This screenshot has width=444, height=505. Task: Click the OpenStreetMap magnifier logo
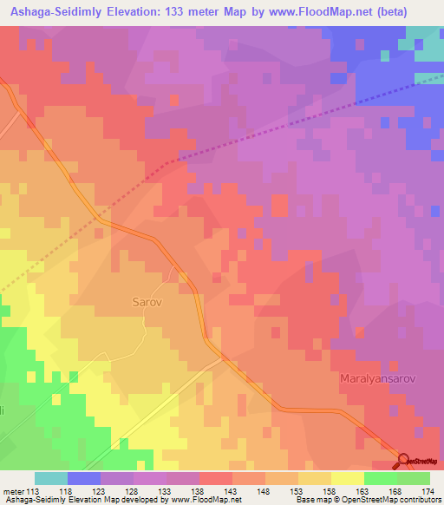point(405,460)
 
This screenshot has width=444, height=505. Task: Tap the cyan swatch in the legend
point(51,478)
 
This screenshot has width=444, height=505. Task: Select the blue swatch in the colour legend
point(84,478)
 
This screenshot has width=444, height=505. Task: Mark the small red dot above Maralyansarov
point(360,331)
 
